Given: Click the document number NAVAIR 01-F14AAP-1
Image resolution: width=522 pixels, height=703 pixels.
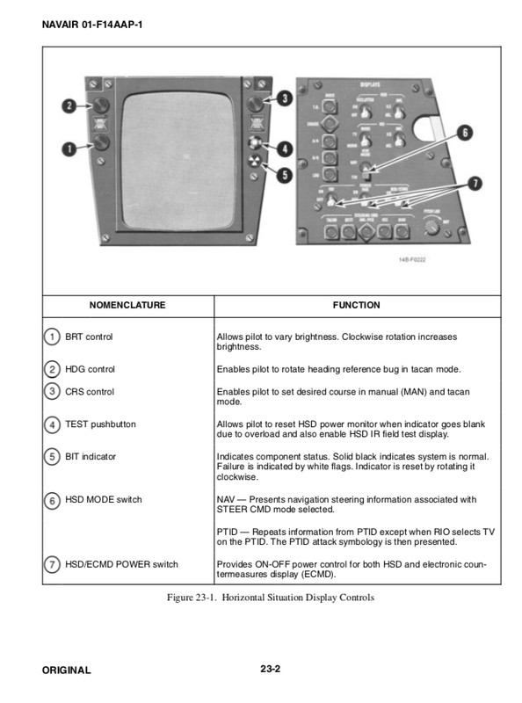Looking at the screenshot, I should tap(92, 24).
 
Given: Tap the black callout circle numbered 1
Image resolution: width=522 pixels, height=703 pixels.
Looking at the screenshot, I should tap(67, 149).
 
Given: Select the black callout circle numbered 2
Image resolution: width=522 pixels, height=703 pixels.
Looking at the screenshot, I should tap(67, 107).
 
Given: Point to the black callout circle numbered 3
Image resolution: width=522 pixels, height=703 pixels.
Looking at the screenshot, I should tap(286, 99).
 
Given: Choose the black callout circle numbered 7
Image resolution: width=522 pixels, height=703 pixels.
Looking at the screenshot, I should tap(475, 184).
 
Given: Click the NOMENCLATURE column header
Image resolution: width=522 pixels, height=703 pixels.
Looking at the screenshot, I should tap(127, 306).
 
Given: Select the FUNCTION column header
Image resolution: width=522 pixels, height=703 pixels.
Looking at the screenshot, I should tap(356, 306).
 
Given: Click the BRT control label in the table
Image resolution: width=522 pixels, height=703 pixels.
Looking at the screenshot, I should tap(89, 337).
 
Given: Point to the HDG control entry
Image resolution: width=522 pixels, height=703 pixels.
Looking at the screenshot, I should tap(90, 369).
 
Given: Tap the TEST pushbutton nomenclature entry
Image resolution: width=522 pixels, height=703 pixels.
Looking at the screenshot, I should tap(100, 424).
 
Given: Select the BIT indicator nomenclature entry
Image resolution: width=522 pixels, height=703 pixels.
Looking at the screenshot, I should tap(91, 457).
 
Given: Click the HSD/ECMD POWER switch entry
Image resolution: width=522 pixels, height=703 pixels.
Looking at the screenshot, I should tap(121, 564).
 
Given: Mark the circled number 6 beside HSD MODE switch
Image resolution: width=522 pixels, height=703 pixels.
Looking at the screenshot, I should tap(51, 500).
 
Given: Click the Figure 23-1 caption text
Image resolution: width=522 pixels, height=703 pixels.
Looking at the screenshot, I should tap(271, 598).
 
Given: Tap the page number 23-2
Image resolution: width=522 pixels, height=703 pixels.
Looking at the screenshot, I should tap(270, 670).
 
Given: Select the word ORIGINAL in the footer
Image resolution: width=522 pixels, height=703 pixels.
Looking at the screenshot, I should tap(66, 670).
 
